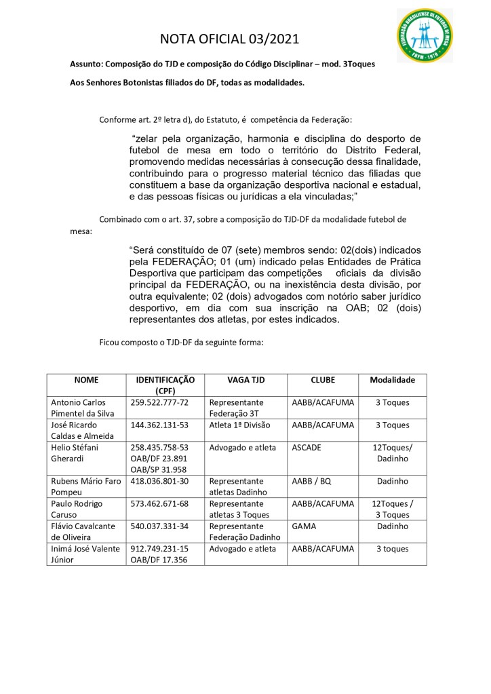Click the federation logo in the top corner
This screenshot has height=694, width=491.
click(425, 37)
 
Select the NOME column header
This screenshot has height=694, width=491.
click(86, 380)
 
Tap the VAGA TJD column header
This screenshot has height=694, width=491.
click(245, 380)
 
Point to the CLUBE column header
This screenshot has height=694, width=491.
click(323, 380)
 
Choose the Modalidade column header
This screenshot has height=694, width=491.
click(393, 380)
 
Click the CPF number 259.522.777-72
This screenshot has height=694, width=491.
click(159, 402)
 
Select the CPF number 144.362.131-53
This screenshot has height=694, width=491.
click(159, 425)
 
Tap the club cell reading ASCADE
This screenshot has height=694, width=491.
click(307, 447)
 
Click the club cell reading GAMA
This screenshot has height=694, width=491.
click(303, 526)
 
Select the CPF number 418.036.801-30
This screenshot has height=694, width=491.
click(159, 481)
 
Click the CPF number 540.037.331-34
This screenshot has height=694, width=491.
click(159, 526)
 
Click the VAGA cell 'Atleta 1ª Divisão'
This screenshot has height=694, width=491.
click(239, 425)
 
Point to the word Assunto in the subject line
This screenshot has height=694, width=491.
click(87, 63)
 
